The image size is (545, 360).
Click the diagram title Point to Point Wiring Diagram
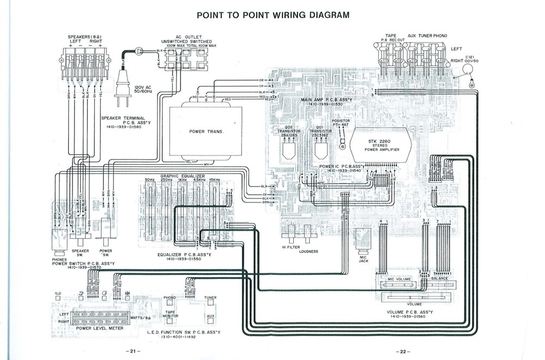[x=272, y=15]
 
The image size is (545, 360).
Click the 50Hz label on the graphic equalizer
[x=150, y=179]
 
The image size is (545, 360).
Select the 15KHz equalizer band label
[x=214, y=179]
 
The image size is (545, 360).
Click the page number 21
[x=132, y=350]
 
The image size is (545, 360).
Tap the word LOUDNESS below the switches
[x=308, y=251]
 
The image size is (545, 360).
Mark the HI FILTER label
[x=291, y=247]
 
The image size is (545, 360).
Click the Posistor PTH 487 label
[x=341, y=123]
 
